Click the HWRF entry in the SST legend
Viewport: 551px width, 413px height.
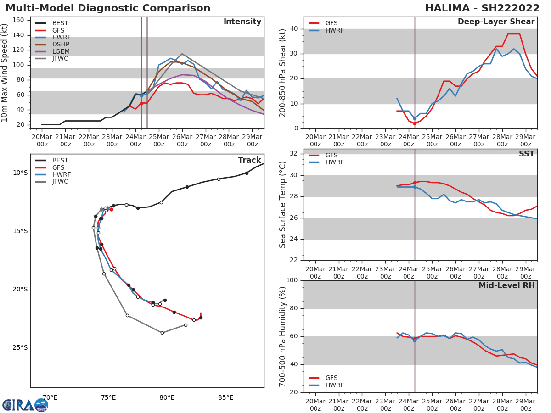[335, 162]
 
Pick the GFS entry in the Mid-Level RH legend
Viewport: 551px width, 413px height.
[331, 378]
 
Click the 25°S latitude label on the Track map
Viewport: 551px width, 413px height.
[20, 347]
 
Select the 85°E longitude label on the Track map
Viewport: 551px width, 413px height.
[225, 397]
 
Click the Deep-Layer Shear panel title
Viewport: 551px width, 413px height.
[496, 22]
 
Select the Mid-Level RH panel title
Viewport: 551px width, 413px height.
[506, 286]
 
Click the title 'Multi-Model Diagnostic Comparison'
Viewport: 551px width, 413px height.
[108, 8]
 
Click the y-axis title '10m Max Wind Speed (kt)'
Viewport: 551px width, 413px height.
[5, 73]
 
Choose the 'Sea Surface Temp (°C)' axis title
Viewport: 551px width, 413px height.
[283, 204]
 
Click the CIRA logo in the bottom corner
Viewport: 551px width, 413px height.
[25, 405]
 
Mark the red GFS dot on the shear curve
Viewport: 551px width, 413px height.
[415, 123]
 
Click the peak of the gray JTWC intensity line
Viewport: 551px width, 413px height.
[182, 54]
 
